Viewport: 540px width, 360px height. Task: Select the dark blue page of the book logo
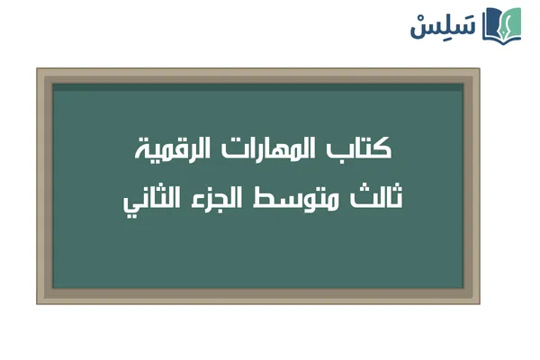(x=492, y=25)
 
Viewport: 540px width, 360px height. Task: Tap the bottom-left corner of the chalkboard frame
(x=39, y=301)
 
